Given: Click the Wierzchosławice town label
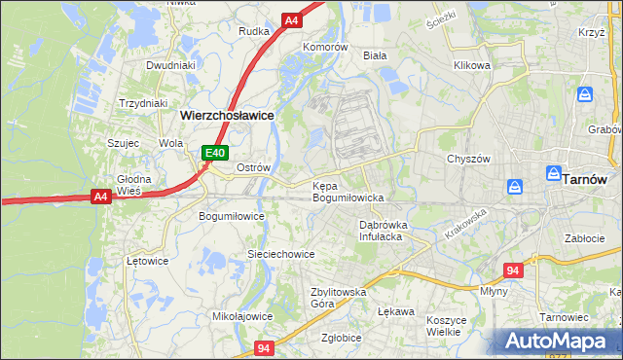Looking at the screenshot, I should (x=227, y=114).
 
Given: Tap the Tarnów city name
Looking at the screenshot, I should (x=585, y=179).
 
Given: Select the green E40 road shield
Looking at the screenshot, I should (x=215, y=153).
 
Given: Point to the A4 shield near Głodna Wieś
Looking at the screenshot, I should (x=99, y=197).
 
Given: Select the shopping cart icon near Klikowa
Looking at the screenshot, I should (x=584, y=94).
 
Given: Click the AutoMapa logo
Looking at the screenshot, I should (x=559, y=342).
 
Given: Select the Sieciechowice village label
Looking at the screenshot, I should (x=280, y=254).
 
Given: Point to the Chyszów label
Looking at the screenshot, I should (x=467, y=159).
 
